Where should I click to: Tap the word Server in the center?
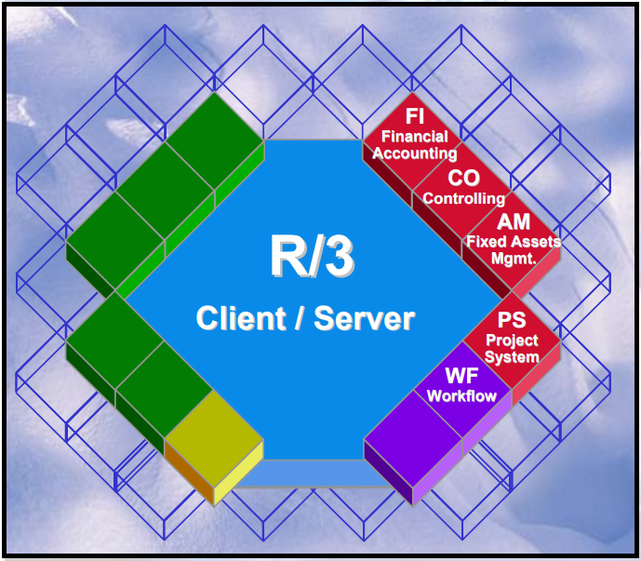364,319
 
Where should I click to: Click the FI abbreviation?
415,119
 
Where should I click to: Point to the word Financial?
415,137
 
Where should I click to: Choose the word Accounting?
415,153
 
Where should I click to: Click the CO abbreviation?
463,179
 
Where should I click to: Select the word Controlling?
463,198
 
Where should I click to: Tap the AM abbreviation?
514,222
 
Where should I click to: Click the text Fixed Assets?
514,242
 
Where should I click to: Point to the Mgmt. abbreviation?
514,258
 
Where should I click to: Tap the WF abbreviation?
462,377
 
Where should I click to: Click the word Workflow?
462,395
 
